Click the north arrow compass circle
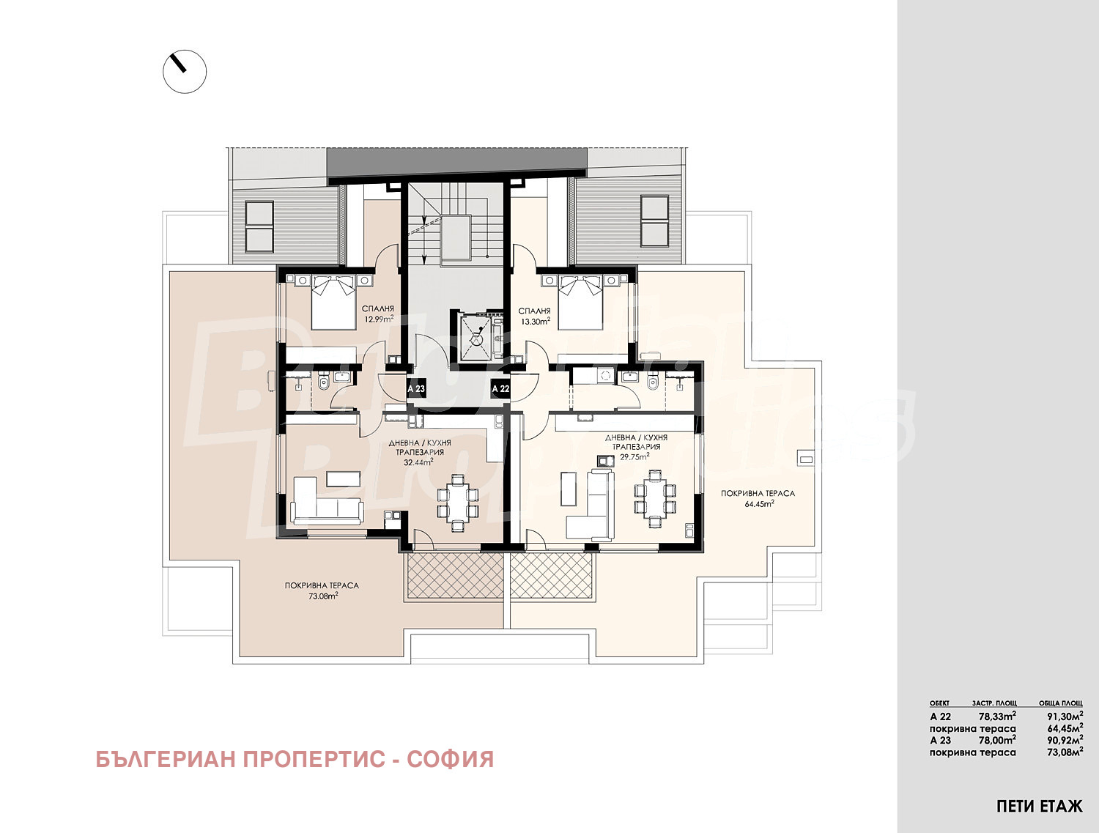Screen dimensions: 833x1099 185,71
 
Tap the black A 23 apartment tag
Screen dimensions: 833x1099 415,389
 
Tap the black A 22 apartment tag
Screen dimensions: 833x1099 500,389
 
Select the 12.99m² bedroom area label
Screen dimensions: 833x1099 378,319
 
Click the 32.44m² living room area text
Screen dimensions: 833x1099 418,462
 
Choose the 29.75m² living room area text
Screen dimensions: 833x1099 635,456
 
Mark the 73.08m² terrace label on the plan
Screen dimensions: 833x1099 322,596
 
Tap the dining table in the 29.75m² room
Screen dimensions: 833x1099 651,498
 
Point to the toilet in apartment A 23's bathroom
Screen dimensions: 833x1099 323,382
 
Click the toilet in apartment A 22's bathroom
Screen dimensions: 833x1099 654,382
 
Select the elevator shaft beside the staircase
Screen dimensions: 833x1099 478,336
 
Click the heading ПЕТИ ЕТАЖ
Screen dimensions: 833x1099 1039,807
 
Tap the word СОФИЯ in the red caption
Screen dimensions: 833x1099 450,759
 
